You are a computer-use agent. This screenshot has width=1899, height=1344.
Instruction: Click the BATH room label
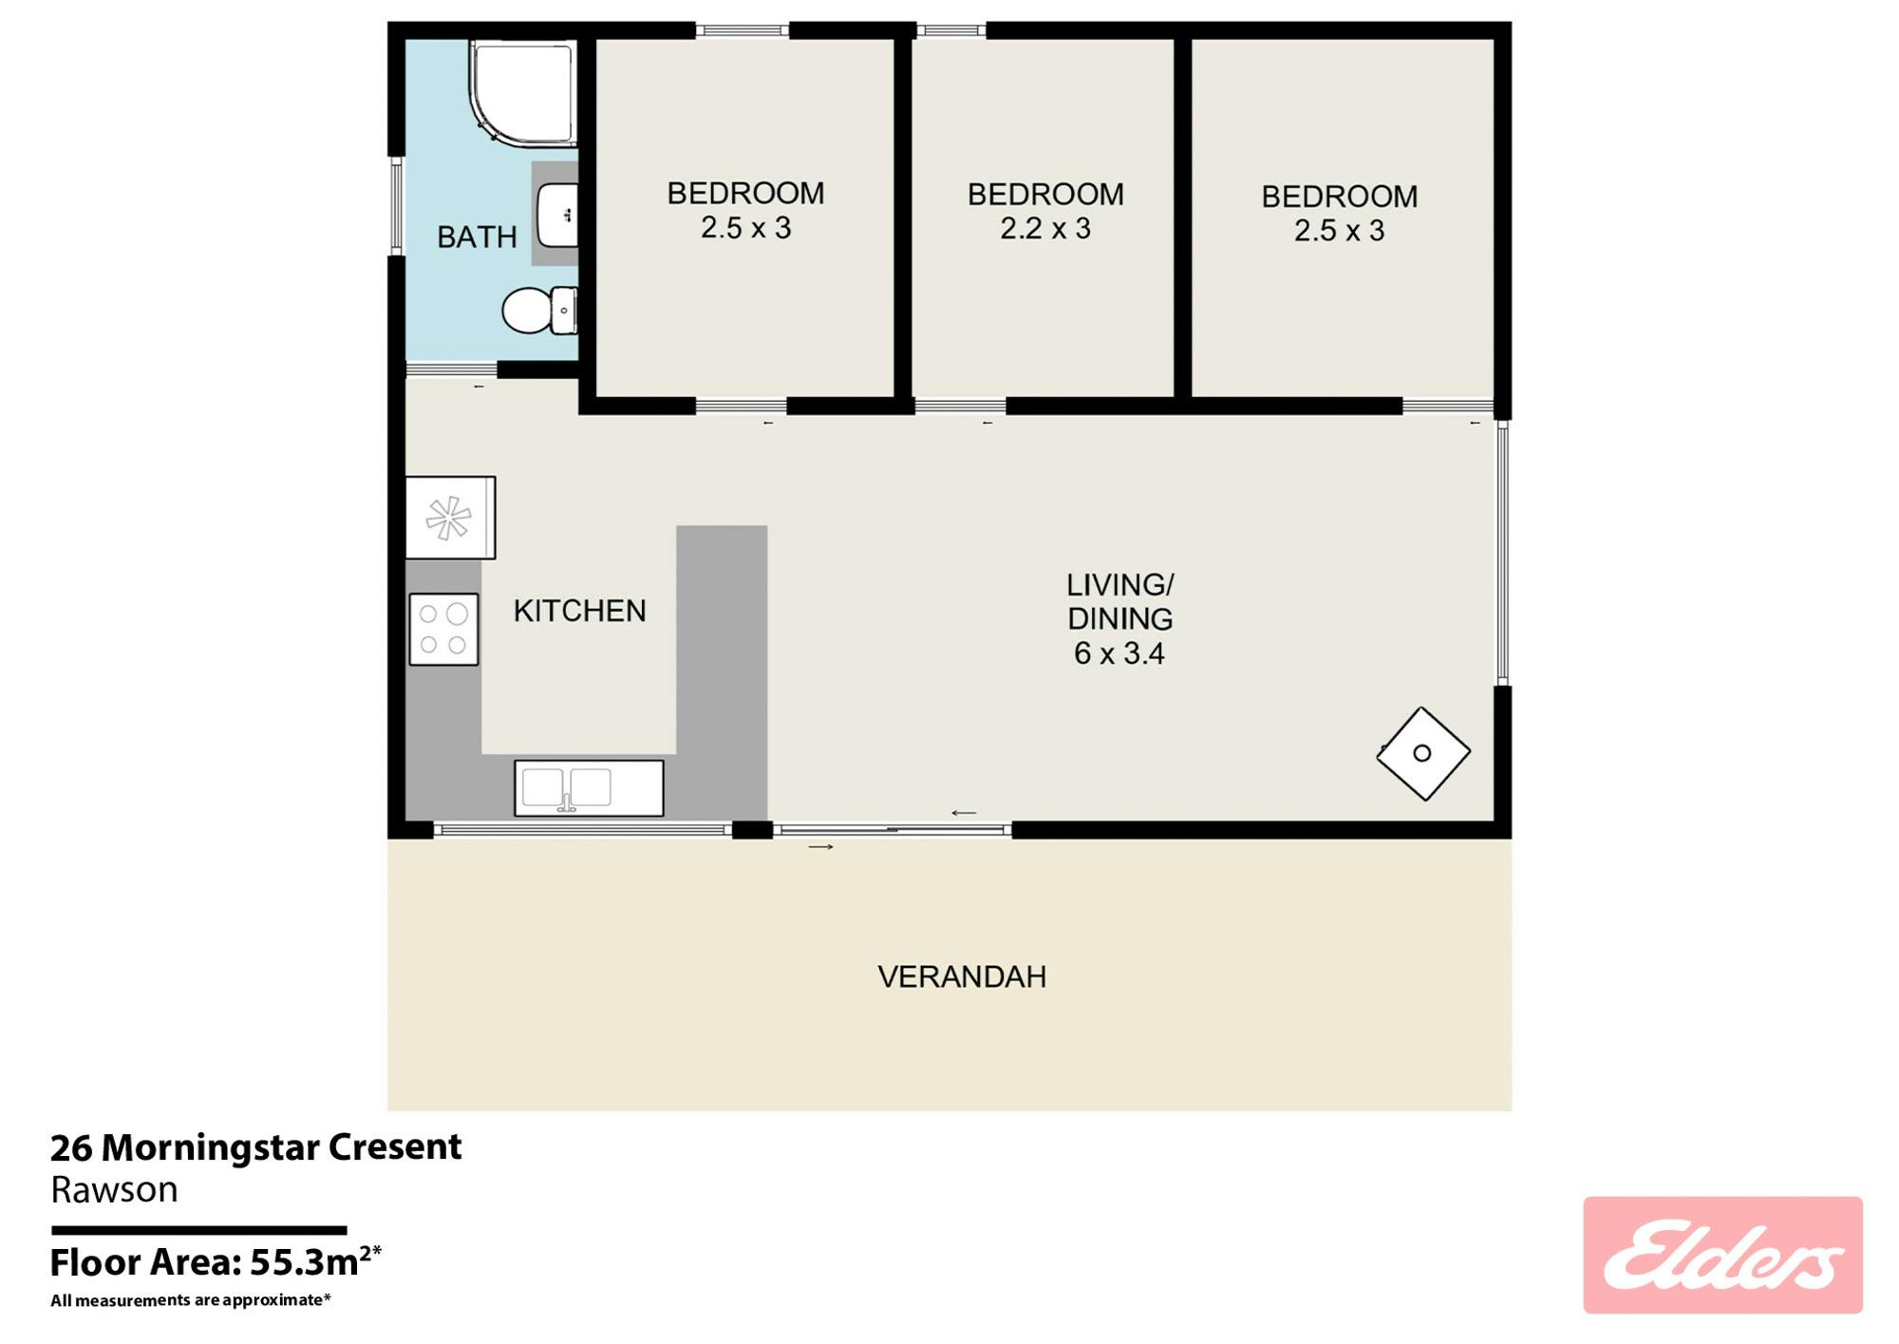point(477,237)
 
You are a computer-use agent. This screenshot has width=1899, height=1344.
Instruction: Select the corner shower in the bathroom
point(523,93)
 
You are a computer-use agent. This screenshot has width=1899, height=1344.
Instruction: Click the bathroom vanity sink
point(557,216)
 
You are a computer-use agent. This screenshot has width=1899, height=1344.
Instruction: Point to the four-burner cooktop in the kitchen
point(443,629)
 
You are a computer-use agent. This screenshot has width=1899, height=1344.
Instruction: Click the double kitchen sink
point(589,787)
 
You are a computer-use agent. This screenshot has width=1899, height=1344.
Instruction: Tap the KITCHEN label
point(579,611)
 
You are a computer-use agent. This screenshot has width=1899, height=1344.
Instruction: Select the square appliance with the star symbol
point(450,518)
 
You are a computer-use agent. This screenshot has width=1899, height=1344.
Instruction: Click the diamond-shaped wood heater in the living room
point(1423,753)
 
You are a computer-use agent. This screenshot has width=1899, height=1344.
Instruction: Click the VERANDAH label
point(962,976)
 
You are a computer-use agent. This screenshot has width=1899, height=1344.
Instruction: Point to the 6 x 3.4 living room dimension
point(1119,653)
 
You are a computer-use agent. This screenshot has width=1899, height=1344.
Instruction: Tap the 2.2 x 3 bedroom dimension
point(1045,228)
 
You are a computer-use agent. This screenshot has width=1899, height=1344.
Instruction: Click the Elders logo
point(1722,1255)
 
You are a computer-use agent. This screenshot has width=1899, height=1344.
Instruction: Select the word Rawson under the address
point(114,1190)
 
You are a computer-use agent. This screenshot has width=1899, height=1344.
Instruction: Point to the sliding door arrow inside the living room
point(964,813)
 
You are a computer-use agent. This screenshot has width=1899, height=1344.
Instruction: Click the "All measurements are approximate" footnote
point(191,1300)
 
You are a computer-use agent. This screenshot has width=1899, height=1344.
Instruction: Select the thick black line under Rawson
point(198,1230)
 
